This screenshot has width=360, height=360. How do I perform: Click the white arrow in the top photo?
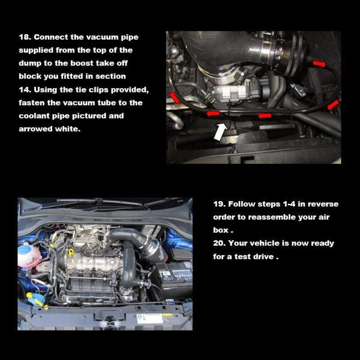220,131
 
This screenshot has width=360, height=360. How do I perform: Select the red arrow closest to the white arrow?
213,113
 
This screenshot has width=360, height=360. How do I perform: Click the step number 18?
25,37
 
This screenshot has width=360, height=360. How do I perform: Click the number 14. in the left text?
26,89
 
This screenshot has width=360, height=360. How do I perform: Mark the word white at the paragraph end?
66,129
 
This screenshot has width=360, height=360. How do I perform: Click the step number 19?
219,203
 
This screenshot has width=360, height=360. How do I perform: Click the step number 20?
219,243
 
